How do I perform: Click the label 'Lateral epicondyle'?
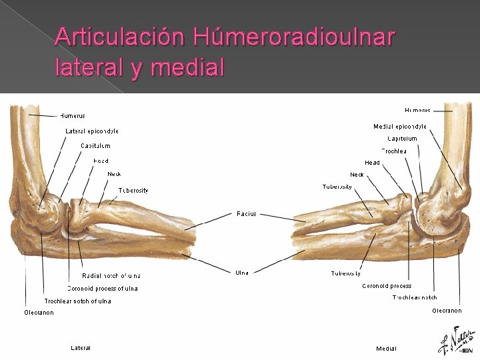tap(92, 131)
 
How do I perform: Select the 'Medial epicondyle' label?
tap(400, 127)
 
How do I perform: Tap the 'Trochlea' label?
tap(394, 151)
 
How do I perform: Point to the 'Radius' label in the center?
tap(246, 214)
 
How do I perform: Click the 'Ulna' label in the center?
tap(243, 273)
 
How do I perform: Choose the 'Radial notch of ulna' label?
tap(111, 275)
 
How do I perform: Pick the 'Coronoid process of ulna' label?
tap(103, 289)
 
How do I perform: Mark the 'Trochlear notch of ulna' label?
tap(78, 301)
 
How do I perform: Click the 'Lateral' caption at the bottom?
tap(81, 348)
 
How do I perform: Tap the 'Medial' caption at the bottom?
tap(386, 349)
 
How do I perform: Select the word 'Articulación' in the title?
tap(121, 37)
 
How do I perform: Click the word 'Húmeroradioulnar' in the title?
tap(293, 37)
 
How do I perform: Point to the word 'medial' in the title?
tap(188, 67)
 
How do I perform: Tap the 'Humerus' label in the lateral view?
tap(73, 116)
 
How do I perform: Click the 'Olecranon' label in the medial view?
tap(446, 311)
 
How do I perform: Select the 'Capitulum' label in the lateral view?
tap(95, 145)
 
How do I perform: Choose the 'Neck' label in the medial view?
tap(357, 175)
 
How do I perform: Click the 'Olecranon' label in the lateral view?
tap(39, 313)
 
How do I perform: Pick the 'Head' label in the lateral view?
tap(101, 161)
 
